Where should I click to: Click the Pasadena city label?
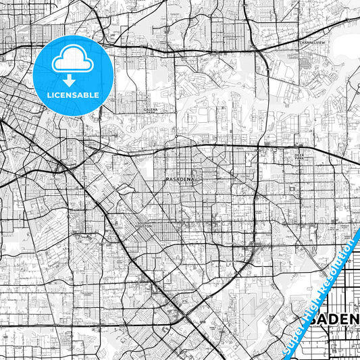(x=180, y=178)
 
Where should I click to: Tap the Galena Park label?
(x=150, y=109)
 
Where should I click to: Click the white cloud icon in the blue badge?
(x=74, y=61)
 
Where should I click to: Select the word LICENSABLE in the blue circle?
(x=74, y=95)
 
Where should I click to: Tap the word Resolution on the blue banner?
(x=339, y=261)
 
